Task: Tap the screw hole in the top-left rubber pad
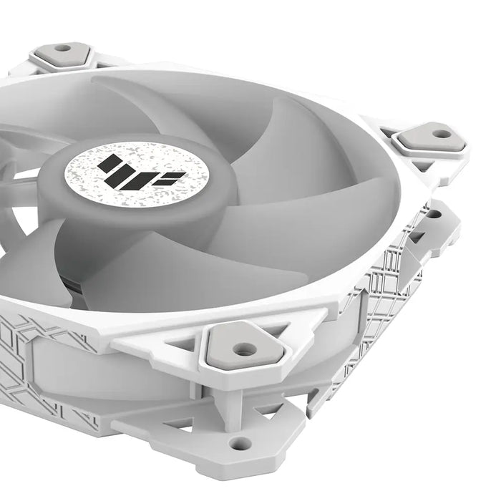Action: tap(62, 49)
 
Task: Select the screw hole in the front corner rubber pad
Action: tap(245, 349)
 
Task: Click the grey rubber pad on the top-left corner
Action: tap(61, 54)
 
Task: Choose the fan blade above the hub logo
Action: tap(172, 107)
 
